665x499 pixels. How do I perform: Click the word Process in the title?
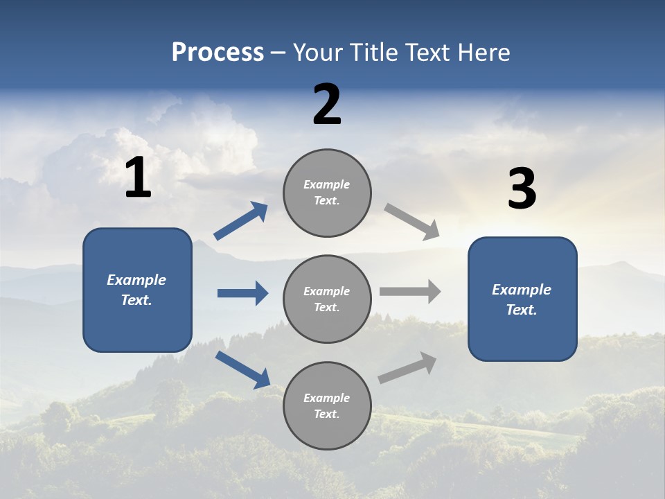pos(218,53)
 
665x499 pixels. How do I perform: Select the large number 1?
pos(138,178)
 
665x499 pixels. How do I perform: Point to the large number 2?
pos(327,105)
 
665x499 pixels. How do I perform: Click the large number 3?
pos(522,189)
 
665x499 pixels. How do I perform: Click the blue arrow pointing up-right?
pos(241,221)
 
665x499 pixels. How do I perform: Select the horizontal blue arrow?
pos(242,293)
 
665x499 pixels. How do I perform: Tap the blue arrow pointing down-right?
pos(242,369)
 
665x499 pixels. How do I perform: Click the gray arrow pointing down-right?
pos(412,222)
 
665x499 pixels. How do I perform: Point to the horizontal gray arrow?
pos(410,292)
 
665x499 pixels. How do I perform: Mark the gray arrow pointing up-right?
pos(407,368)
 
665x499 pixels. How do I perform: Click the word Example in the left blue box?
pos(136,280)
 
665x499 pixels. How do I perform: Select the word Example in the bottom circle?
pos(326,398)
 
